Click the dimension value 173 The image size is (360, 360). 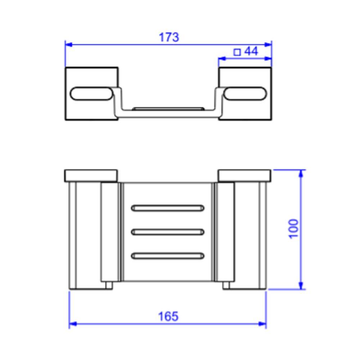coord(169,37)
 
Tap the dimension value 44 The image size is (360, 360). coord(251,51)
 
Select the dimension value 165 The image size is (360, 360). coord(168,316)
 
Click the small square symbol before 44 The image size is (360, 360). coord(237,52)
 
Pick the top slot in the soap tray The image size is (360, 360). coord(168,208)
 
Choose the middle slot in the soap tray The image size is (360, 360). coord(168,232)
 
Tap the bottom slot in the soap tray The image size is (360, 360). coord(168,256)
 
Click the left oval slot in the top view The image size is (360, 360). coord(91,94)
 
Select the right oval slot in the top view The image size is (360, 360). coord(245,94)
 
